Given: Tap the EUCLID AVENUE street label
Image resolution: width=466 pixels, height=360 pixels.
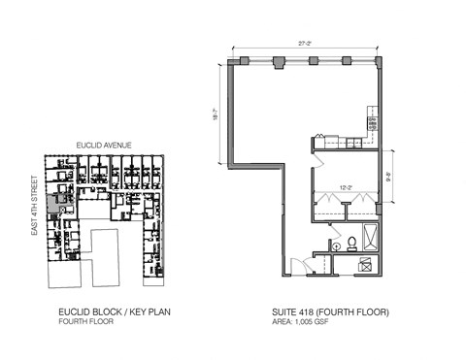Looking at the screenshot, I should tap(104, 145).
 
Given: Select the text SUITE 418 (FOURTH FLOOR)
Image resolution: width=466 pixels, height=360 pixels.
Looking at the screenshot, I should tap(331, 312).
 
